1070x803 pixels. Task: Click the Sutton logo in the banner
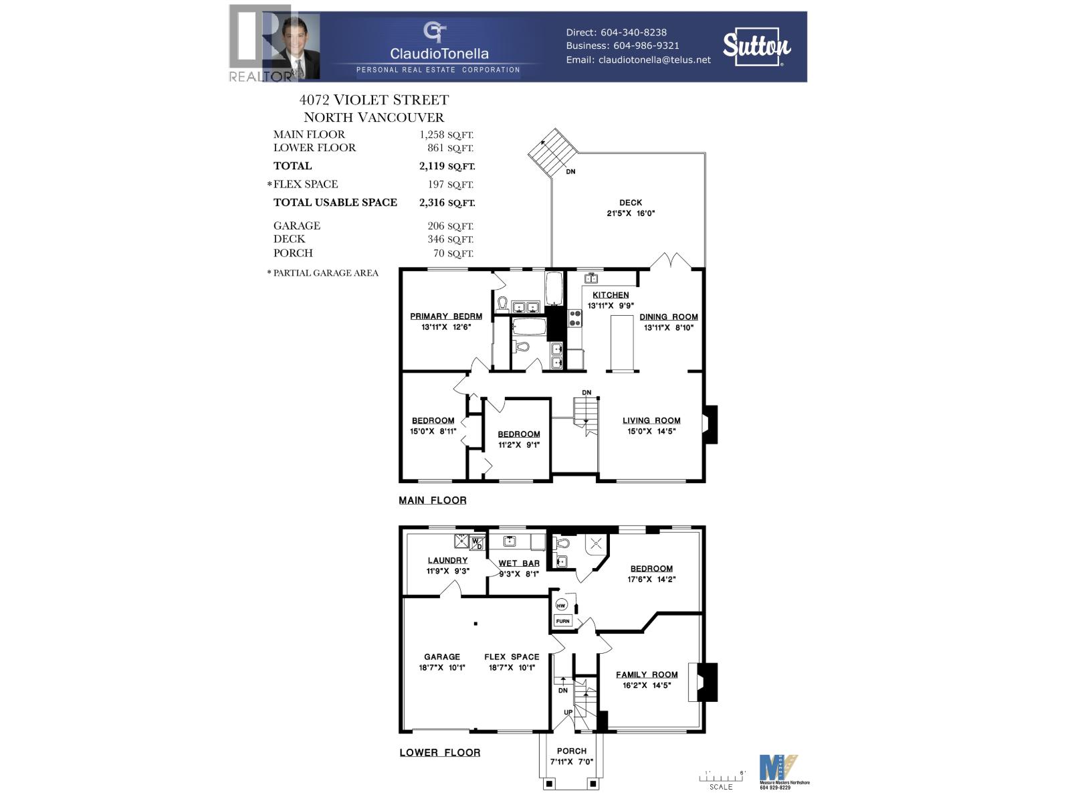(x=756, y=47)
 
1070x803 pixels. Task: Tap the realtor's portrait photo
(x=295, y=47)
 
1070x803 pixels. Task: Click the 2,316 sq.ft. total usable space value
(x=447, y=203)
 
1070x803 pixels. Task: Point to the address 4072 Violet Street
(x=374, y=100)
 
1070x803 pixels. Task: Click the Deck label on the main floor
(x=630, y=203)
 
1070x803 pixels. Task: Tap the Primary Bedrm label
(x=446, y=317)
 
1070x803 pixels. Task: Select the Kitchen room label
(x=611, y=295)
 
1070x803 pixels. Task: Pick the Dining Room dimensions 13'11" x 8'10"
(x=669, y=328)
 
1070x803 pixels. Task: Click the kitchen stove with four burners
(x=575, y=318)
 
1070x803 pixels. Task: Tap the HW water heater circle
(x=561, y=606)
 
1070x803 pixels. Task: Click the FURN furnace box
(x=562, y=621)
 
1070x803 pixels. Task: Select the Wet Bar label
(x=519, y=563)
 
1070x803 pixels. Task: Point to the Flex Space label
(x=512, y=657)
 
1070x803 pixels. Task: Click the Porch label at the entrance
(x=572, y=751)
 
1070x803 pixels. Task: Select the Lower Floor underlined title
(x=439, y=753)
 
